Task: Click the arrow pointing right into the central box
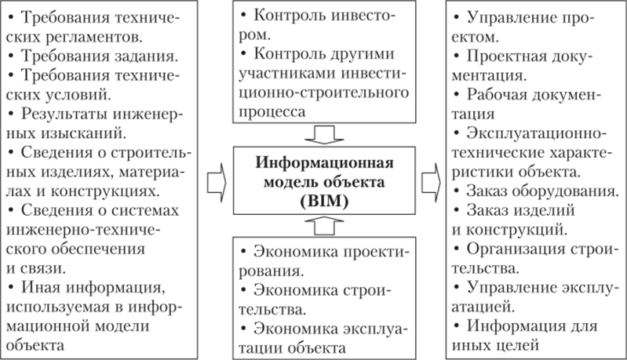217,182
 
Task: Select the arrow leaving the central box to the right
431,182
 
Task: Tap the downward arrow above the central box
324,135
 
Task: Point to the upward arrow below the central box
324,226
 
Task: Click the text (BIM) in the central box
324,201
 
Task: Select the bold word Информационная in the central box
324,162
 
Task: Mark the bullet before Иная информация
11,288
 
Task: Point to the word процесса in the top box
272,112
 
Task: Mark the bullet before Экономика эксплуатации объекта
244,329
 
